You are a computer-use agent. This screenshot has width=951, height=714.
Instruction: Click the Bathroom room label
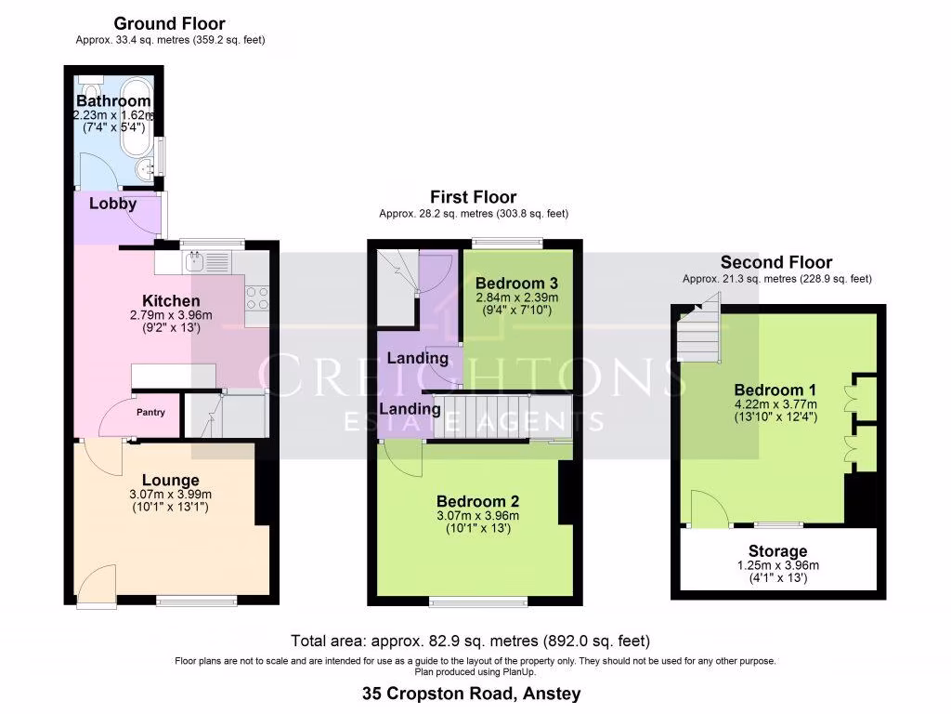tap(113, 100)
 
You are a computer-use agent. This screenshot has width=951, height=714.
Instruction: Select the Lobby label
tap(113, 204)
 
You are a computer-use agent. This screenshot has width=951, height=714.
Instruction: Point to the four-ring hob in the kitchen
tap(257, 297)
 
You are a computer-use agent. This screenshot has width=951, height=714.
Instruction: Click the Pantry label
tap(150, 412)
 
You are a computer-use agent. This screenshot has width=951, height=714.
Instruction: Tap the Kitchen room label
tap(170, 301)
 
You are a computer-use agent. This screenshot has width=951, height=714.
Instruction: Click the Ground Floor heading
tap(169, 23)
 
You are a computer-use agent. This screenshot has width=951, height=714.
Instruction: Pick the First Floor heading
tap(473, 196)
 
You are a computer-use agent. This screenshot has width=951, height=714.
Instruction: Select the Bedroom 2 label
tap(477, 500)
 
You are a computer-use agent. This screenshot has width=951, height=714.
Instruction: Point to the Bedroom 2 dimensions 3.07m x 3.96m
tap(477, 516)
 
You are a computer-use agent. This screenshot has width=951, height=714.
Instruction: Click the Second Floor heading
tap(776, 262)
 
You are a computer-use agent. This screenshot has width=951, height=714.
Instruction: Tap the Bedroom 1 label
tap(775, 390)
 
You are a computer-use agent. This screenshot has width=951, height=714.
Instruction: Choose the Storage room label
tap(777, 551)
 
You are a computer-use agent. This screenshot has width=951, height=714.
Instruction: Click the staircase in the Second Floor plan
tap(698, 330)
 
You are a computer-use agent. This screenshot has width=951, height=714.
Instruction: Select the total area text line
tap(470, 641)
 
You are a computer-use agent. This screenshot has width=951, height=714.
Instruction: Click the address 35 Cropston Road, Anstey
tap(471, 693)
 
